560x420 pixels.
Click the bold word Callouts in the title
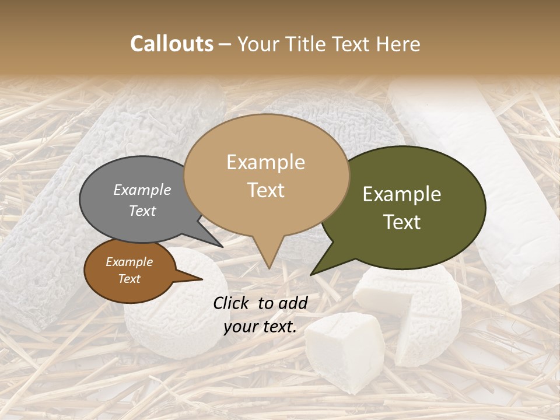tap(171, 44)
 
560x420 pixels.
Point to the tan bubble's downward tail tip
tap(269, 268)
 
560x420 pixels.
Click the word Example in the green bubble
tap(402, 194)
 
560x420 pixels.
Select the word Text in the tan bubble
tap(266, 190)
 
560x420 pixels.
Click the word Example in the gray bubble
tap(142, 190)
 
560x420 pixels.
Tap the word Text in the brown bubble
tap(129, 279)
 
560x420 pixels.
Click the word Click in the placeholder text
tap(232, 303)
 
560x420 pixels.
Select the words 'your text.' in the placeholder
tap(260, 327)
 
